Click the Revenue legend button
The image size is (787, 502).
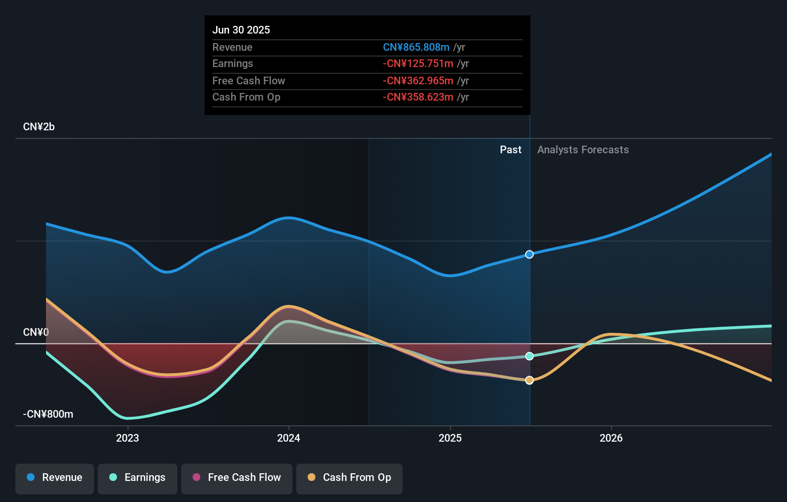tap(55, 478)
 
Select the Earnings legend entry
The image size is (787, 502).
tap(138, 478)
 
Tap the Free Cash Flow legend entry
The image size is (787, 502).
tap(237, 478)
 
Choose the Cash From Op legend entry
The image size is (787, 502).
tap(349, 478)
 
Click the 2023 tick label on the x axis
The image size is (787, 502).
tap(127, 438)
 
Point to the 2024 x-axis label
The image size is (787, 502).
tap(289, 438)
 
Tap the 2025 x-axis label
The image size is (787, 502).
tap(450, 438)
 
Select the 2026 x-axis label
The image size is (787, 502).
tap(611, 438)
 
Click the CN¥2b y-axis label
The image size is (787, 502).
tap(39, 127)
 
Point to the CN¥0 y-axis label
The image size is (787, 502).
tap(36, 332)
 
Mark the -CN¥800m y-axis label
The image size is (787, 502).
tap(48, 414)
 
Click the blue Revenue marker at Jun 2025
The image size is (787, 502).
tap(529, 254)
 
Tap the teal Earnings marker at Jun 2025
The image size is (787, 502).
tap(529, 356)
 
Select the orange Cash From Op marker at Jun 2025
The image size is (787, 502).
tap(529, 380)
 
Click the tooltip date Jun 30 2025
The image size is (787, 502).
tap(241, 30)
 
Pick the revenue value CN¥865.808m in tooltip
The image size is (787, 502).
tap(416, 47)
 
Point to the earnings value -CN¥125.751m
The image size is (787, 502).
tap(418, 64)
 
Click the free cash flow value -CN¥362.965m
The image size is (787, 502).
tap(418, 81)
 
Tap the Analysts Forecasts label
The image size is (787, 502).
tap(583, 150)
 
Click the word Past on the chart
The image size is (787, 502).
tap(510, 150)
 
